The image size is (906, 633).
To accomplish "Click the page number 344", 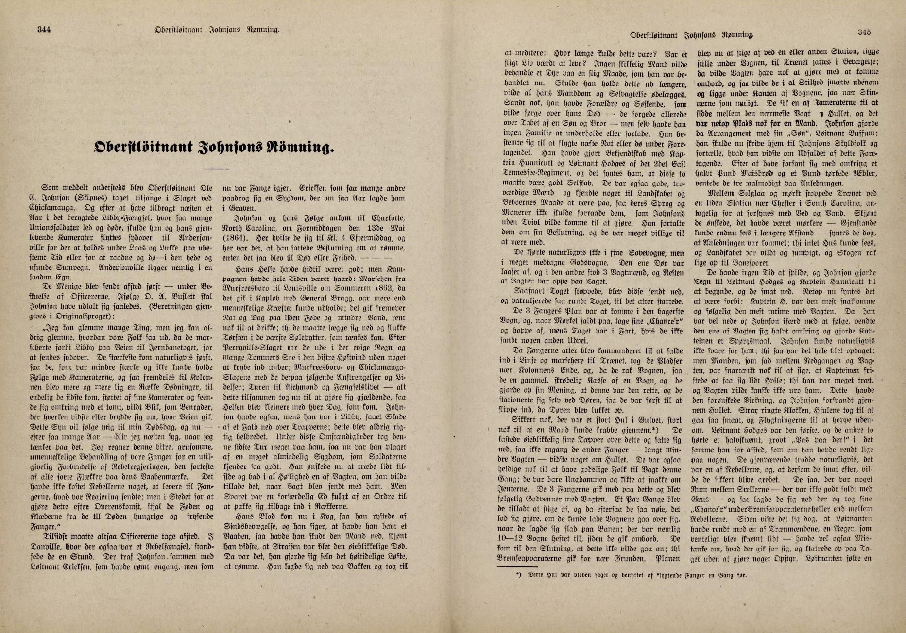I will (44, 29).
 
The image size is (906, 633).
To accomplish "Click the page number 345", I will (864, 33).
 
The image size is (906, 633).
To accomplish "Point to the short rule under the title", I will (216, 168).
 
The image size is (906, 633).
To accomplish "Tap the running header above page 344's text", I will (216, 30).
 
